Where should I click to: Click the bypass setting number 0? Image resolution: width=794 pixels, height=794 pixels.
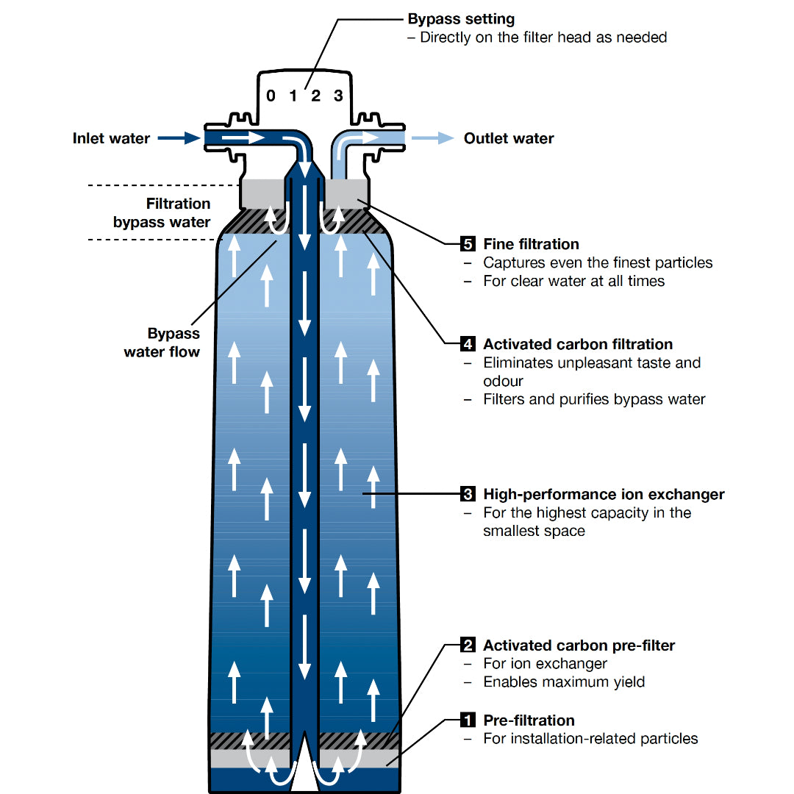[x=271, y=96]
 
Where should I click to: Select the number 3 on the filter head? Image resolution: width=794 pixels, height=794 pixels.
[x=338, y=96]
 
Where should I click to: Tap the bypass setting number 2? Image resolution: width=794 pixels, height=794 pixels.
[x=315, y=96]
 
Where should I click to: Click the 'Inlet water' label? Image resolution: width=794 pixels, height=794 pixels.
[x=111, y=138]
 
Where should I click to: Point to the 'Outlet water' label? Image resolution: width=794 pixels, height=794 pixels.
[x=509, y=138]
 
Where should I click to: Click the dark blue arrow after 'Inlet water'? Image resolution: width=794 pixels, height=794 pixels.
[x=179, y=137]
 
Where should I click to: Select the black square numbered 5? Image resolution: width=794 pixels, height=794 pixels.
[x=468, y=244]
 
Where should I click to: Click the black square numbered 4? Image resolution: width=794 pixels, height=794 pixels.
[x=468, y=344]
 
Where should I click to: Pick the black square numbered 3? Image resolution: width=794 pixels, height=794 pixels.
[x=468, y=494]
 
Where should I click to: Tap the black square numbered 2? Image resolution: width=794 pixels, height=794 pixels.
[x=468, y=645]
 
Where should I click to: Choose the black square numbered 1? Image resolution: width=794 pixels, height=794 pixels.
[x=468, y=720]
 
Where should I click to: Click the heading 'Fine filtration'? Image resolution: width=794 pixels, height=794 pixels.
[x=531, y=244]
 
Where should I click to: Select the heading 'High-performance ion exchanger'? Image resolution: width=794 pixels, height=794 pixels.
[x=604, y=494]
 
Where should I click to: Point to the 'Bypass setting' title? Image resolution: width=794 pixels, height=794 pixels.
[x=461, y=19]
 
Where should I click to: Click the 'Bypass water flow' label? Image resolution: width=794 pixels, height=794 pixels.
[x=162, y=343]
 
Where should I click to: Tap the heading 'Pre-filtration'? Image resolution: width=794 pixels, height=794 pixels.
[x=529, y=720]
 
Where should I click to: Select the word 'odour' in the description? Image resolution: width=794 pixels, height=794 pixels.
[x=503, y=381]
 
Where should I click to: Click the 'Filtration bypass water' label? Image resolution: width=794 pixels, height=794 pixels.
[x=162, y=212]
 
